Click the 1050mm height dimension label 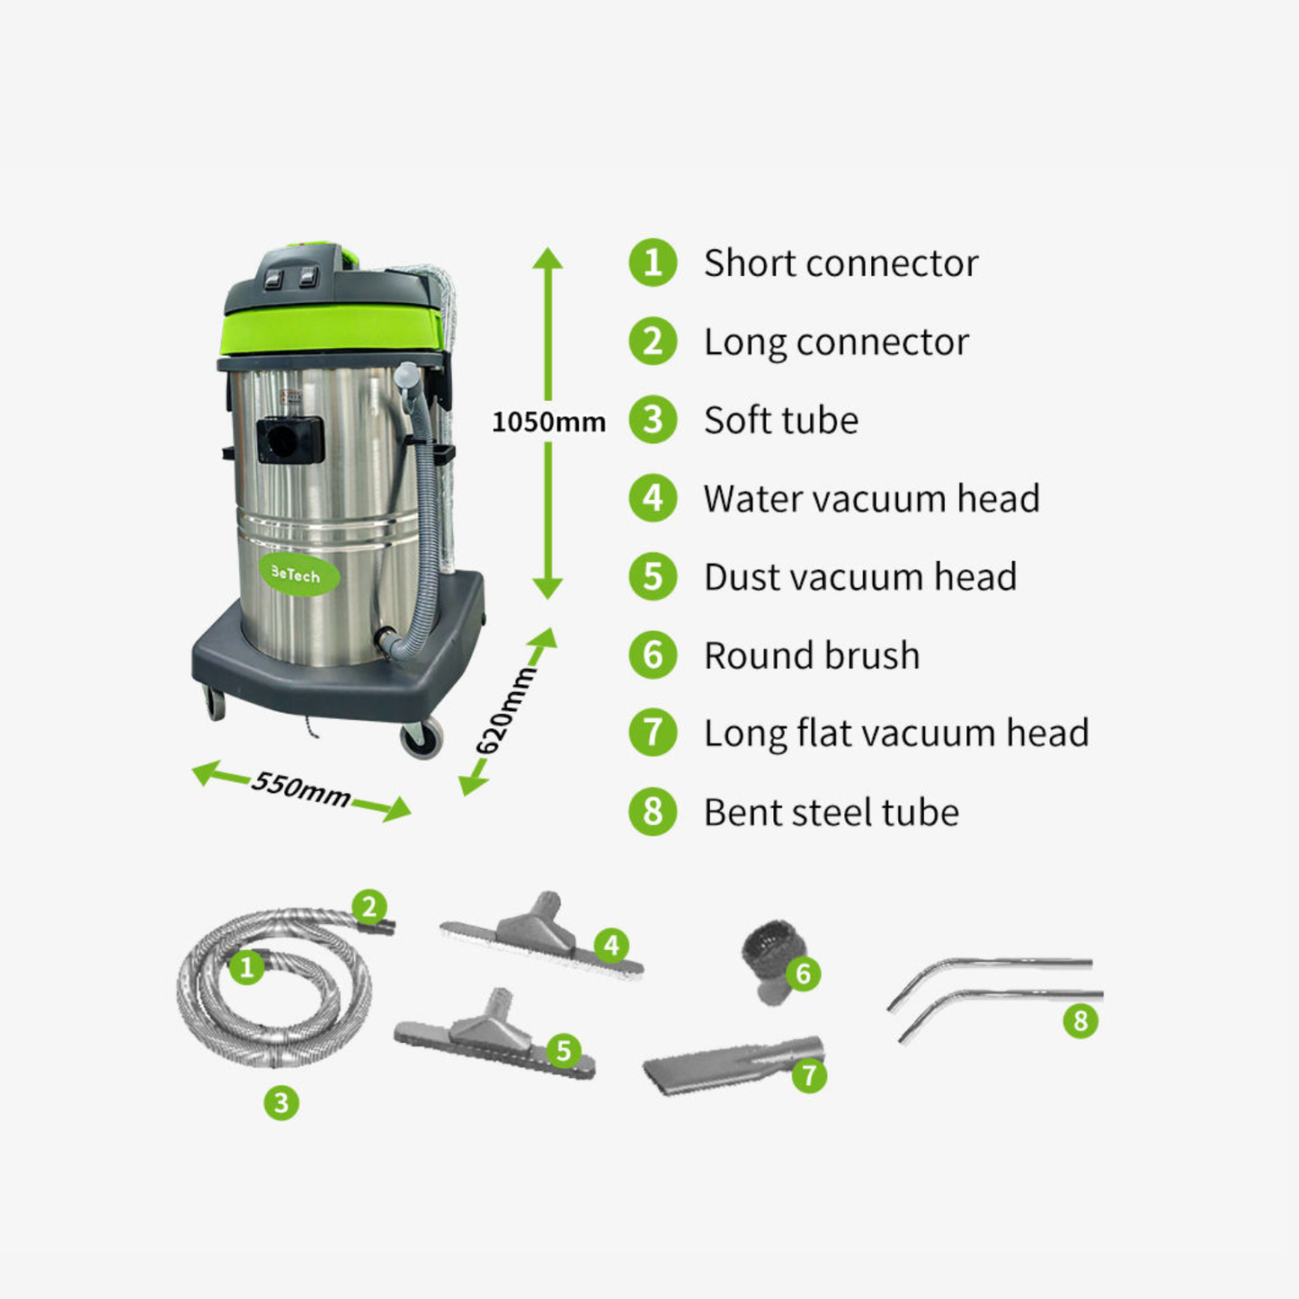point(548,422)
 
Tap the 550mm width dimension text point(301,788)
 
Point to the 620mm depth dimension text point(505,711)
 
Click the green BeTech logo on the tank point(298,574)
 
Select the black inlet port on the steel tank point(289,440)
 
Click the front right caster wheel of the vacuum point(421,738)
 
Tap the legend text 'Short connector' point(841,263)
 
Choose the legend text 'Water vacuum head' point(871,499)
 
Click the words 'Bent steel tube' point(831,813)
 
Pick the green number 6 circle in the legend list point(653,655)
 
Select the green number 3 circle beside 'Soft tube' point(653,420)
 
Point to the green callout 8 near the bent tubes point(1080,1020)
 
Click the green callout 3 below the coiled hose point(281,1102)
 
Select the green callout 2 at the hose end point(369,907)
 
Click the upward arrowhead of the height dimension point(547,259)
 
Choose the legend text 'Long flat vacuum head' point(896,734)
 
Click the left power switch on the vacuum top point(272,280)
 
